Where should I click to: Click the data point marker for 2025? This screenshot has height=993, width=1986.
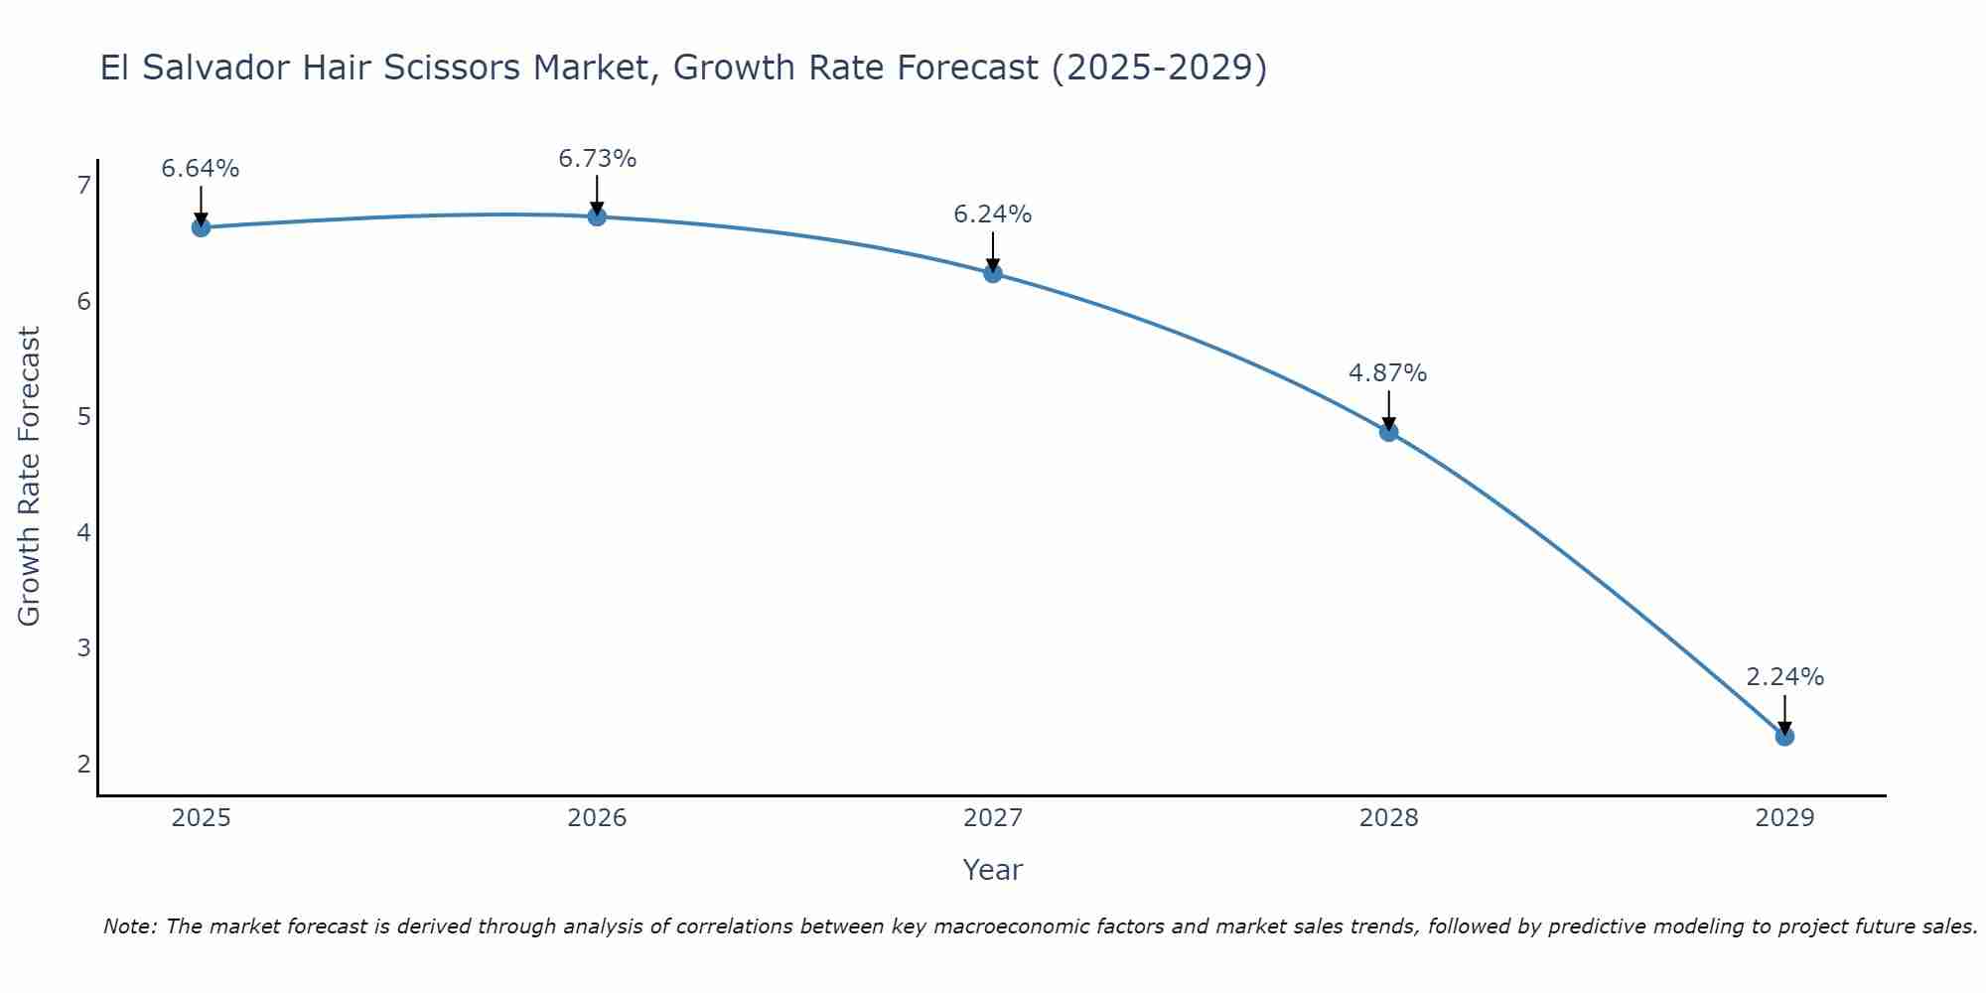pyautogui.click(x=201, y=227)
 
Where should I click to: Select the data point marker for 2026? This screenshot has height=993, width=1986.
pyautogui.click(x=597, y=216)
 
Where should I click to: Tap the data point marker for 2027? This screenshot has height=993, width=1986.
pyautogui.click(x=993, y=273)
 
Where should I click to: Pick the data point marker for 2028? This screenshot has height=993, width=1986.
pyautogui.click(x=1388, y=432)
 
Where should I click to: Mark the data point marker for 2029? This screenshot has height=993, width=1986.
pyautogui.click(x=1784, y=736)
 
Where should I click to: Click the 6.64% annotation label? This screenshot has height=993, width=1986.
pyautogui.click(x=201, y=169)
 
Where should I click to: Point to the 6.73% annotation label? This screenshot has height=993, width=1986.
pyautogui.click(x=597, y=159)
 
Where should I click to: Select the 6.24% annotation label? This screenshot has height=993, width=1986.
pyautogui.click(x=993, y=214)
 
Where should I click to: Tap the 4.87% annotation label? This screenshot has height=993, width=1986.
pyautogui.click(x=1387, y=373)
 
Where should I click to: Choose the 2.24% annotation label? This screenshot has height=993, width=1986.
pyautogui.click(x=1784, y=677)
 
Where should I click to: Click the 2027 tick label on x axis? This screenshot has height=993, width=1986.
pyautogui.click(x=993, y=818)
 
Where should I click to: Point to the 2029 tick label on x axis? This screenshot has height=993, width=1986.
pyautogui.click(x=1784, y=818)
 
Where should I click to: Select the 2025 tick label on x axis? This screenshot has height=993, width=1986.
pyautogui.click(x=201, y=818)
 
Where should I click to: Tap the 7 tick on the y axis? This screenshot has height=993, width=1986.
pyautogui.click(x=83, y=185)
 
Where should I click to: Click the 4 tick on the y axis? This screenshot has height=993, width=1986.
pyautogui.click(x=83, y=532)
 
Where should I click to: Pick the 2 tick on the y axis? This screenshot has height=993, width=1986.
pyautogui.click(x=83, y=764)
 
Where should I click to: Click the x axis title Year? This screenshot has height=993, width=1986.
pyautogui.click(x=993, y=870)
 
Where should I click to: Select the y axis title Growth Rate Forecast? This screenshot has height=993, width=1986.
pyautogui.click(x=30, y=477)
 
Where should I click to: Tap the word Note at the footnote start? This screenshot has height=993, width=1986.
pyautogui.click(x=129, y=926)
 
